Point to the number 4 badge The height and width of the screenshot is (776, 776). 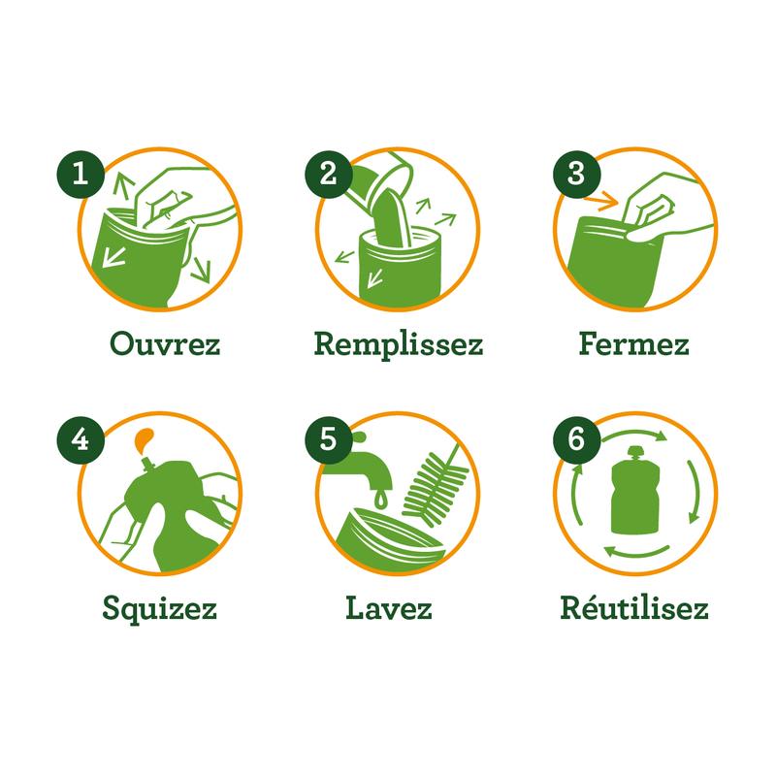[x=81, y=439]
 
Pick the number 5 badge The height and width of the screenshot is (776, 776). [x=328, y=439]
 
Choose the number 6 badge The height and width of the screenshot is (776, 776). [x=576, y=439]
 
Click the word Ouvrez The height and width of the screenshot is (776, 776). [x=165, y=344]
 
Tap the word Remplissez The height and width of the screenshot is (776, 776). [x=399, y=344]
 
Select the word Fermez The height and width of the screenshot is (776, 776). [x=634, y=344]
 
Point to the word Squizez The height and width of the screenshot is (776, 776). [x=159, y=609]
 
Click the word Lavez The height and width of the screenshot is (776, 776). [x=389, y=609]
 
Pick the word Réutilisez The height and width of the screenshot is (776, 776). [x=634, y=609]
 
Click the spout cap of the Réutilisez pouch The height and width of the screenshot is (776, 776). [x=635, y=452]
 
